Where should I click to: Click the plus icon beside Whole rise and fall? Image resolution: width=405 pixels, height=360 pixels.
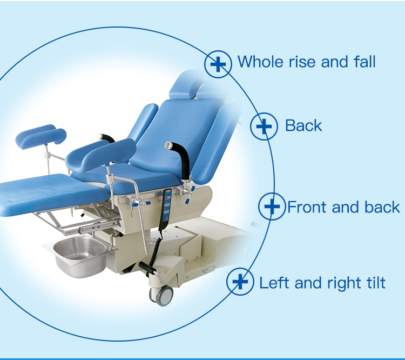coord(218,64)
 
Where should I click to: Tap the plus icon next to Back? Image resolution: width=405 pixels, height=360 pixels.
coord(264,126)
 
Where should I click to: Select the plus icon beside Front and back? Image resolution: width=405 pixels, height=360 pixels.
coord(272,206)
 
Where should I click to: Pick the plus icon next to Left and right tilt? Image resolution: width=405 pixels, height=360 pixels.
coord(240,282)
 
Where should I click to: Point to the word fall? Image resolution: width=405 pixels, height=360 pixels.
coord(364,62)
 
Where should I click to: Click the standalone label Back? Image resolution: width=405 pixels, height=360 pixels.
coord(303,126)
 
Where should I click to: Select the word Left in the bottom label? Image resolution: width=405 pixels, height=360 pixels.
coord(274,282)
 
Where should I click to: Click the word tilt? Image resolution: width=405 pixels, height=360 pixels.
coord(375,282)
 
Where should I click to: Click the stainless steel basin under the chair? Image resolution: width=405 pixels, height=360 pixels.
coord(80,256)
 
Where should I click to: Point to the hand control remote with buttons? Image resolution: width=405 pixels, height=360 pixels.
coord(166,209)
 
